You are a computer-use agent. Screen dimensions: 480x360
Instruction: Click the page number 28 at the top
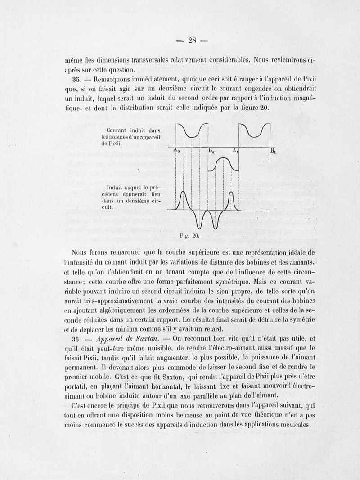(x=192, y=40)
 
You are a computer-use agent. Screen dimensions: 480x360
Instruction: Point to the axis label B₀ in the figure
(x=211, y=151)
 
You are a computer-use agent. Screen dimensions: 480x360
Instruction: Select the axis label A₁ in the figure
(x=235, y=151)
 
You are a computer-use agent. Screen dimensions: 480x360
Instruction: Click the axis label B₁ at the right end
(x=273, y=151)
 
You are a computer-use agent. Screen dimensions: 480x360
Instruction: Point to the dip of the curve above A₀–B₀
(x=192, y=135)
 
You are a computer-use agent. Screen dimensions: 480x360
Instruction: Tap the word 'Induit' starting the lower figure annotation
(x=115, y=187)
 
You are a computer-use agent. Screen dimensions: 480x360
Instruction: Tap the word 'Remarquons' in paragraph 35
(x=115, y=79)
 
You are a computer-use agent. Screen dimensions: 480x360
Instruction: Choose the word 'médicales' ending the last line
(x=292, y=424)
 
